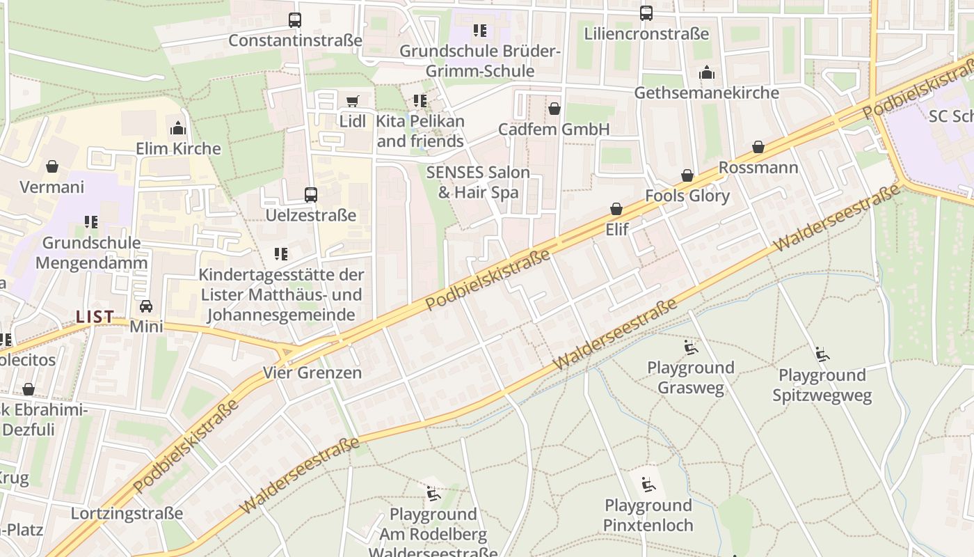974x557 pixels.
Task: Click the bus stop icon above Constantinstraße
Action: (295, 20)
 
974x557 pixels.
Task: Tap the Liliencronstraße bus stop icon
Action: (646, 13)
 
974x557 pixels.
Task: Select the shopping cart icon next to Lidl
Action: (353, 101)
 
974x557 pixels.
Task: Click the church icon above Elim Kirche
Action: (178, 128)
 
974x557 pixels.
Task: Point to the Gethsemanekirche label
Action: (706, 93)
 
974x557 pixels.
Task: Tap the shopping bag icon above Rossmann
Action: (758, 147)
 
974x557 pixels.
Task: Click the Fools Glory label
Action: (687, 196)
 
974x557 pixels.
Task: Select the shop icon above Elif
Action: (616, 208)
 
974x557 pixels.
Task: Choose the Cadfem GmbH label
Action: (554, 130)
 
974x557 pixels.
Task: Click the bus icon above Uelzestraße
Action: (311, 195)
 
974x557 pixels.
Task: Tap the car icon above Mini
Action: (146, 306)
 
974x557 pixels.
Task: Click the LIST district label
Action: (95, 317)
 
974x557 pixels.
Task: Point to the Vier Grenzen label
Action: (312, 372)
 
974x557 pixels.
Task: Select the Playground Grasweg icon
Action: (690, 347)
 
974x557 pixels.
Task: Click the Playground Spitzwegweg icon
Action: (822, 354)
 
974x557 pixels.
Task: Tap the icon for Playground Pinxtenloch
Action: (648, 485)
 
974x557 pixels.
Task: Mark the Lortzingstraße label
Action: (127, 514)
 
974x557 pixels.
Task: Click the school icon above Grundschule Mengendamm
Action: (91, 222)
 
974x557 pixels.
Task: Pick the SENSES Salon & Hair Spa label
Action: (479, 182)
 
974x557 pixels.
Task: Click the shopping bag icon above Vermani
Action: (52, 166)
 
